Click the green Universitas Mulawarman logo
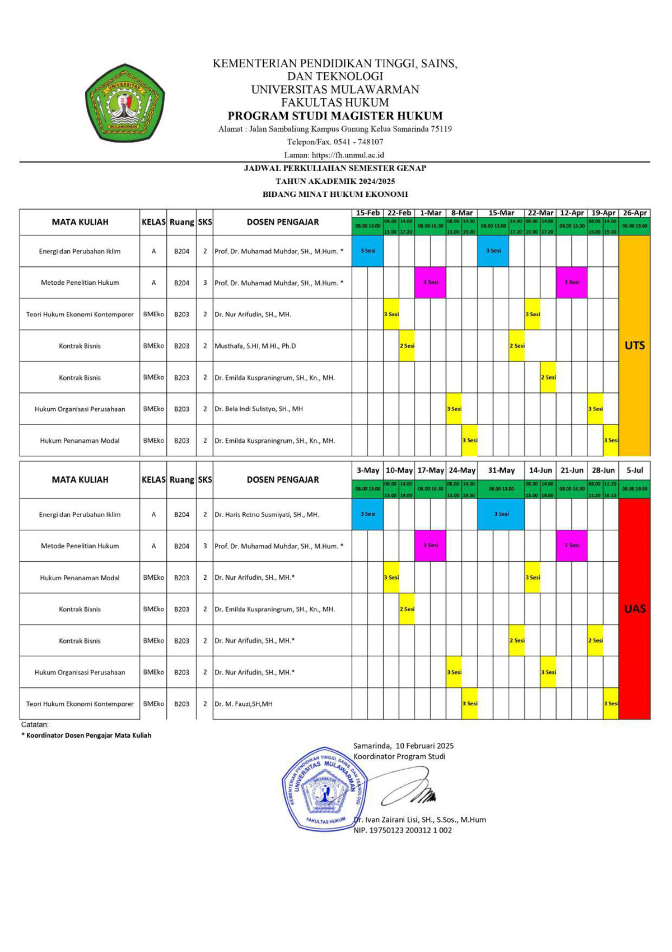point(124,103)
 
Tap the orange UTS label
point(634,345)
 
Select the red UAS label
point(634,609)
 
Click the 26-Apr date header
point(634,213)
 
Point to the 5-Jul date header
point(634,470)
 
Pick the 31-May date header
point(501,470)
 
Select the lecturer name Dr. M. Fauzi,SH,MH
point(243,704)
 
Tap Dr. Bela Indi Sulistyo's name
point(258,409)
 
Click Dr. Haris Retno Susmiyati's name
point(267,514)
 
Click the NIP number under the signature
point(402,830)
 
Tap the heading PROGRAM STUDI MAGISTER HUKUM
point(335,116)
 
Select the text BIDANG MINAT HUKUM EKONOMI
point(335,195)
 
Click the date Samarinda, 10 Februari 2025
point(403,746)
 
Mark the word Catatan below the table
point(35,724)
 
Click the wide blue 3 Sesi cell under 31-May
point(501,514)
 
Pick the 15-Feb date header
point(367,213)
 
